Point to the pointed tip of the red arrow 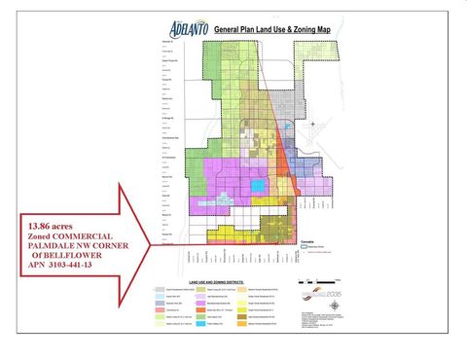152,245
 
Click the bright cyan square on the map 258,185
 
